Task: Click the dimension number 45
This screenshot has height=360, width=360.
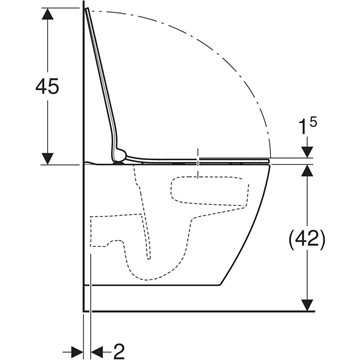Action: (x=47, y=86)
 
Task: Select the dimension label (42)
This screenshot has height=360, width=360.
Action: (x=306, y=239)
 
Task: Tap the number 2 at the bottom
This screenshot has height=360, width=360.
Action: (x=119, y=352)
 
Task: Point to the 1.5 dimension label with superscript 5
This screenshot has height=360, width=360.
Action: (x=308, y=127)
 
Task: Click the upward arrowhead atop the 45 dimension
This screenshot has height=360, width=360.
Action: (x=48, y=14)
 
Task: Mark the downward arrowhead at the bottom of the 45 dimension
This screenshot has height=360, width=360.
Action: (x=48, y=158)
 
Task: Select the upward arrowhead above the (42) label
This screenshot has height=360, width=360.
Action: (x=307, y=171)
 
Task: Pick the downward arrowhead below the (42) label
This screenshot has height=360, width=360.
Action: (x=307, y=305)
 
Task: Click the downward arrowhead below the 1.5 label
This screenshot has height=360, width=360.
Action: (x=307, y=152)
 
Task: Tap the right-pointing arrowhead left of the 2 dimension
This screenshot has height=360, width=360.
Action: (x=77, y=352)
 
